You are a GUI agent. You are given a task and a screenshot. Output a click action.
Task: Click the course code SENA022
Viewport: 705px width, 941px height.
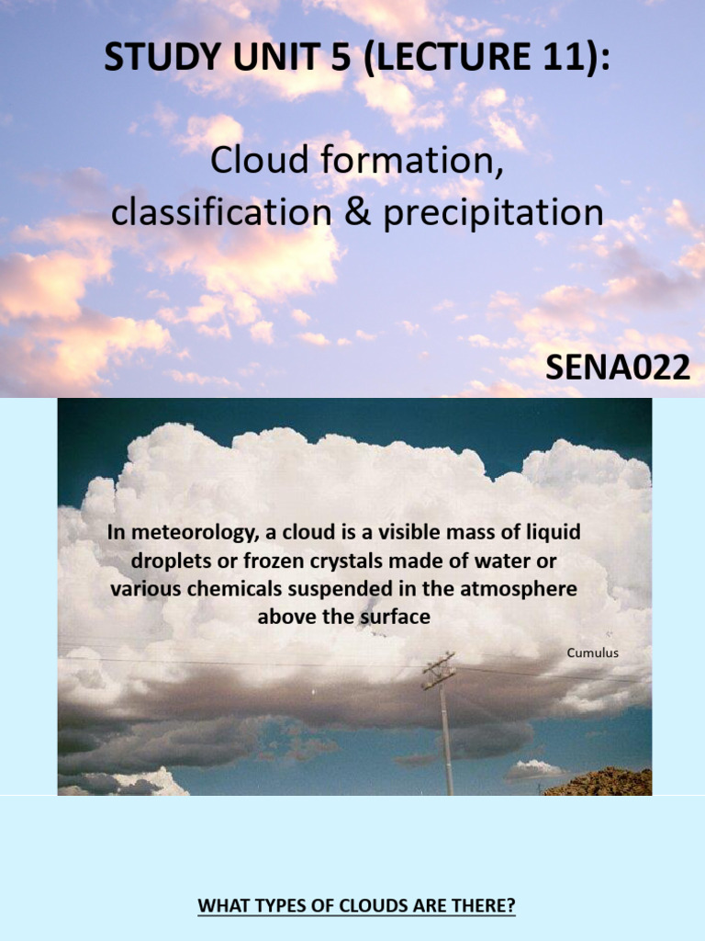tap(618, 368)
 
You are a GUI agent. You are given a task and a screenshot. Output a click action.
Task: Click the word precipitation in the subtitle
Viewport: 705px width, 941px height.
tap(493, 214)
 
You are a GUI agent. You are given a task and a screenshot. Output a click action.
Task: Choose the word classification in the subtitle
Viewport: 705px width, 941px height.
tap(222, 212)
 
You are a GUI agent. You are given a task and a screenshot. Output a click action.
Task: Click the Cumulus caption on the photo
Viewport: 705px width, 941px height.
tap(593, 652)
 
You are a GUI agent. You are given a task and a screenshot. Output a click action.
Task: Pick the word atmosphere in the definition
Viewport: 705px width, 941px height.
tap(519, 589)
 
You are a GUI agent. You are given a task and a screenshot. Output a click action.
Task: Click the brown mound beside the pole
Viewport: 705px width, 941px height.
tap(600, 782)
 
